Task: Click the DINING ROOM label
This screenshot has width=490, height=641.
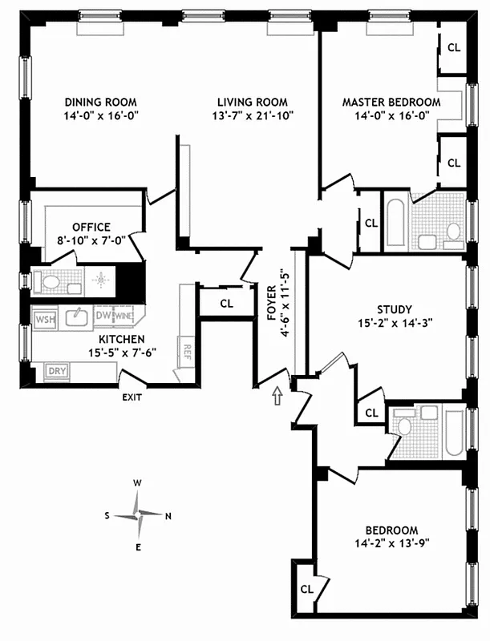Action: pyautogui.click(x=100, y=103)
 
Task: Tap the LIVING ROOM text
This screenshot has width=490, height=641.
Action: pyautogui.click(x=252, y=103)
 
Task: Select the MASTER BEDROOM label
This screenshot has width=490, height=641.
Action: pyautogui.click(x=391, y=103)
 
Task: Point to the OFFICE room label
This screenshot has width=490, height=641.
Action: pyautogui.click(x=91, y=227)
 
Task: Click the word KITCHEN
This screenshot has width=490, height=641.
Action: pyautogui.click(x=110, y=338)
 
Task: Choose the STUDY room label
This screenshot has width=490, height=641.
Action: pyautogui.click(x=394, y=309)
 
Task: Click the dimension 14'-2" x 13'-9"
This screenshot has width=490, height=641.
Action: pyautogui.click(x=391, y=543)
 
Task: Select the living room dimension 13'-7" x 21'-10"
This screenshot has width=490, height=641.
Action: pyautogui.click(x=252, y=115)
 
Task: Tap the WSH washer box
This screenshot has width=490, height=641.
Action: pyautogui.click(x=43, y=319)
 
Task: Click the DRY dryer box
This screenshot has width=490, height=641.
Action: pyautogui.click(x=56, y=370)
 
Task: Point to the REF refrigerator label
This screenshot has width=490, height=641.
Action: pyautogui.click(x=187, y=350)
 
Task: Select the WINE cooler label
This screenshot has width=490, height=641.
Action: pyautogui.click(x=123, y=316)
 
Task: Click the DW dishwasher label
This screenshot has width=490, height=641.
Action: pyautogui.click(x=102, y=316)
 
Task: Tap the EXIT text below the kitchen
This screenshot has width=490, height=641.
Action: pyautogui.click(x=132, y=397)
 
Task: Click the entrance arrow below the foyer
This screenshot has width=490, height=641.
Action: pyautogui.click(x=277, y=394)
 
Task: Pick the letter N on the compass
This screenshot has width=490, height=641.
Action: pyautogui.click(x=168, y=516)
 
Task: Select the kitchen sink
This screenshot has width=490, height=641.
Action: pyautogui.click(x=76, y=317)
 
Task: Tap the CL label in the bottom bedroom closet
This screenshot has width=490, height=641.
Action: pyautogui.click(x=306, y=589)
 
